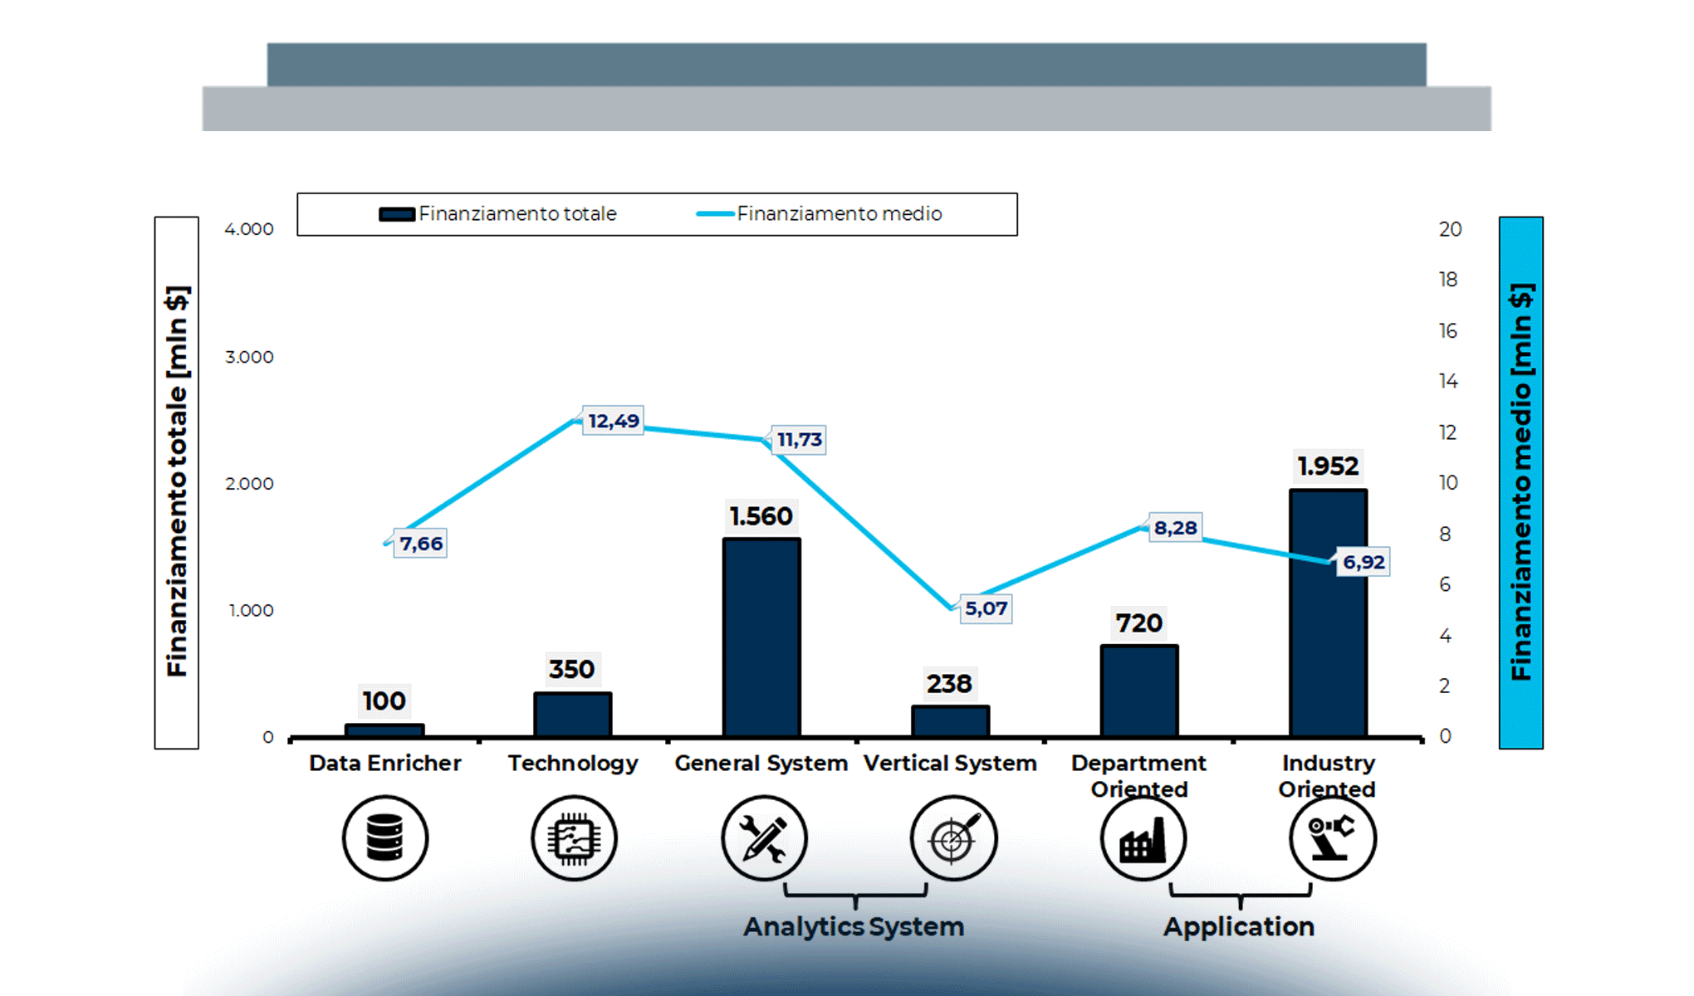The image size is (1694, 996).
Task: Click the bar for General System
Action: (761, 637)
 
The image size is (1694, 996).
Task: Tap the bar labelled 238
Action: (950, 720)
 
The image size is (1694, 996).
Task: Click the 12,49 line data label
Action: (613, 421)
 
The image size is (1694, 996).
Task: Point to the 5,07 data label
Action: (986, 608)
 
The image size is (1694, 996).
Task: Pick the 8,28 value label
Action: (1175, 528)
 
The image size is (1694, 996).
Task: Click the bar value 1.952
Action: (1328, 466)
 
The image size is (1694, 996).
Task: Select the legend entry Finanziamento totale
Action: (498, 214)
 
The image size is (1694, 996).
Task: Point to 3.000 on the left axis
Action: (249, 357)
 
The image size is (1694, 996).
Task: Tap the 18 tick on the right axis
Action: (1448, 280)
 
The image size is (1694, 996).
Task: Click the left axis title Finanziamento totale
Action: (177, 482)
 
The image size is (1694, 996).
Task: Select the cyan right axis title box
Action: (1520, 482)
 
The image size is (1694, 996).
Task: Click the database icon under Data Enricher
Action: (385, 838)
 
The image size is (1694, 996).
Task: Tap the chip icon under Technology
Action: (574, 838)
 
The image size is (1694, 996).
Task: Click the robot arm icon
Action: (1332, 838)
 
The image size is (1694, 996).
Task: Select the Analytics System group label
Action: (854, 926)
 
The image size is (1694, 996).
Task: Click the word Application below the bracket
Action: (1238, 926)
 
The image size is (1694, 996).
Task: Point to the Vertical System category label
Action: (950, 763)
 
